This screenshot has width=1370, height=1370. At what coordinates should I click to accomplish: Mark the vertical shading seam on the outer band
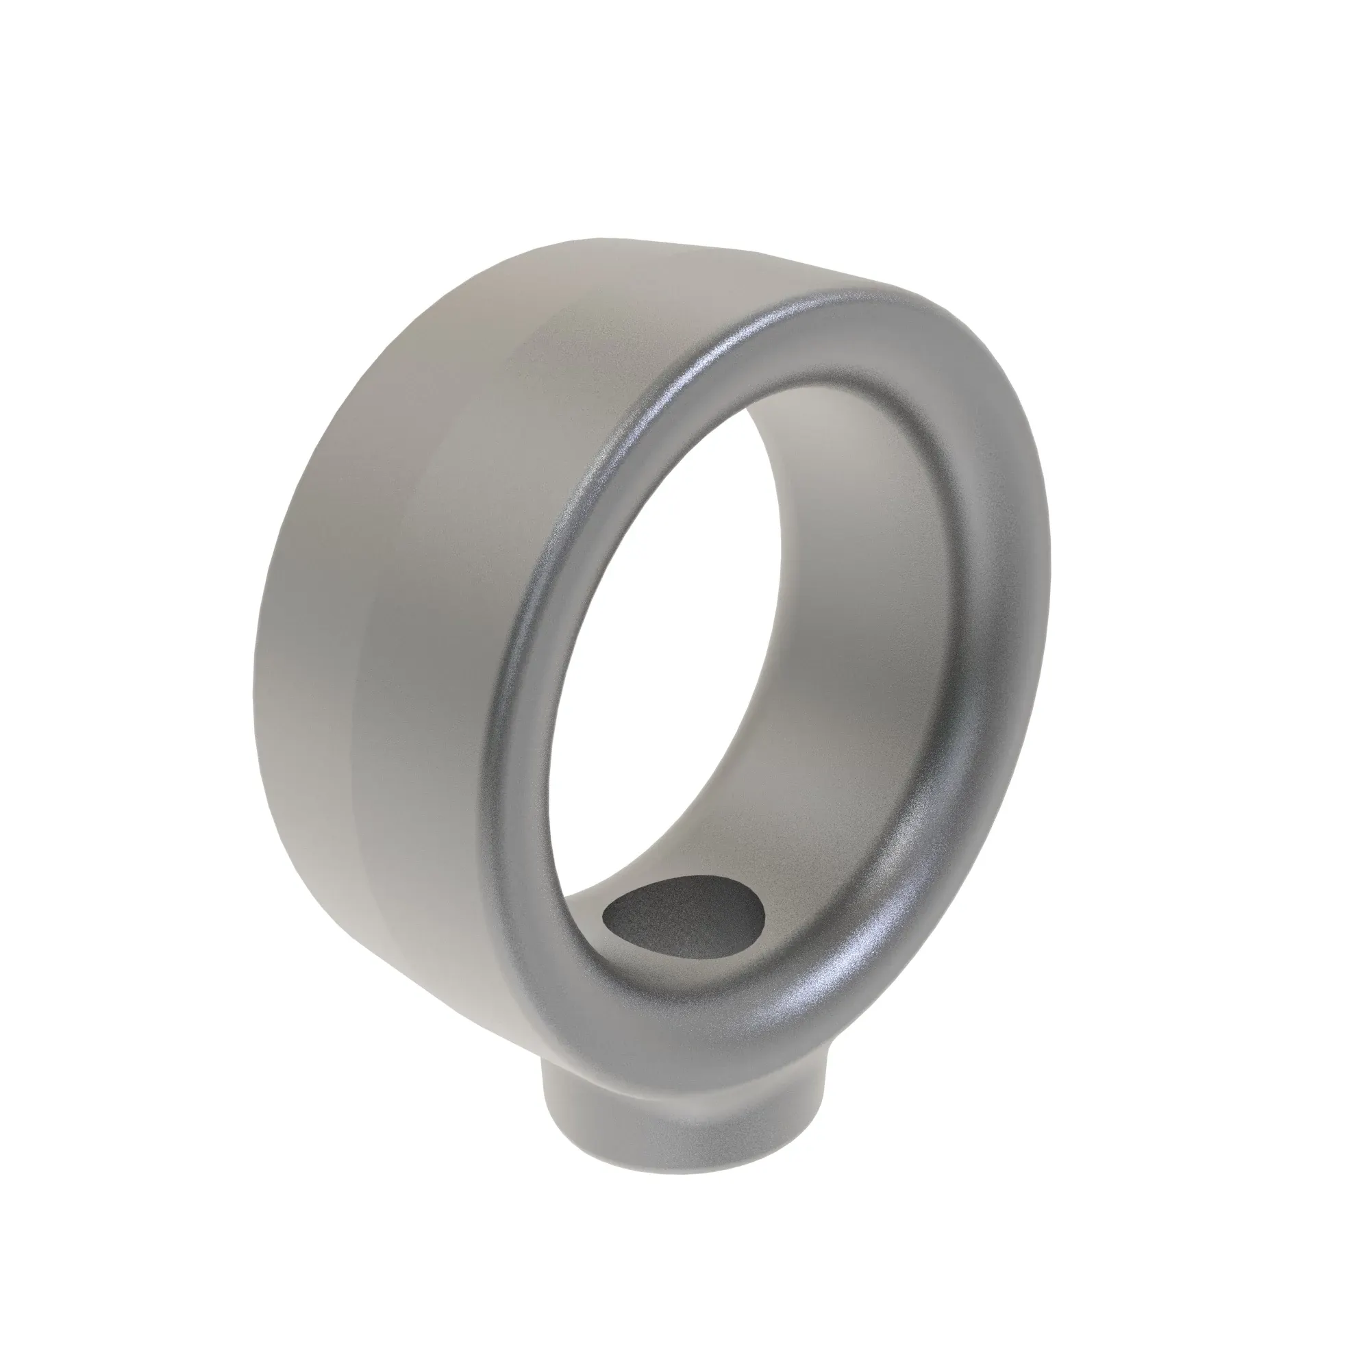click(369, 709)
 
